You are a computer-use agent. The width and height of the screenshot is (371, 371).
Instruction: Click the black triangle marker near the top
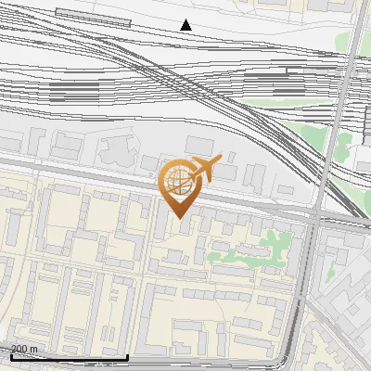coord(185,25)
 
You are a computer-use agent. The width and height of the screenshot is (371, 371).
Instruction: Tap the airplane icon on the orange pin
coord(203,169)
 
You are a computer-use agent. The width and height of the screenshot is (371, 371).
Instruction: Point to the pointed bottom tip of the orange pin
coord(180,218)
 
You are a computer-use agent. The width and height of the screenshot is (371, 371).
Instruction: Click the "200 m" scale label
coord(25,349)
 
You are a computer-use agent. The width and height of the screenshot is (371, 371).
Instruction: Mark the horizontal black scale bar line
coord(69,357)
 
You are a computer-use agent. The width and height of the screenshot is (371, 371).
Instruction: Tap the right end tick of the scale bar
coord(127,356)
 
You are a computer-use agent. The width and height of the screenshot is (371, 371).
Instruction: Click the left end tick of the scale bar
coord(11,356)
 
